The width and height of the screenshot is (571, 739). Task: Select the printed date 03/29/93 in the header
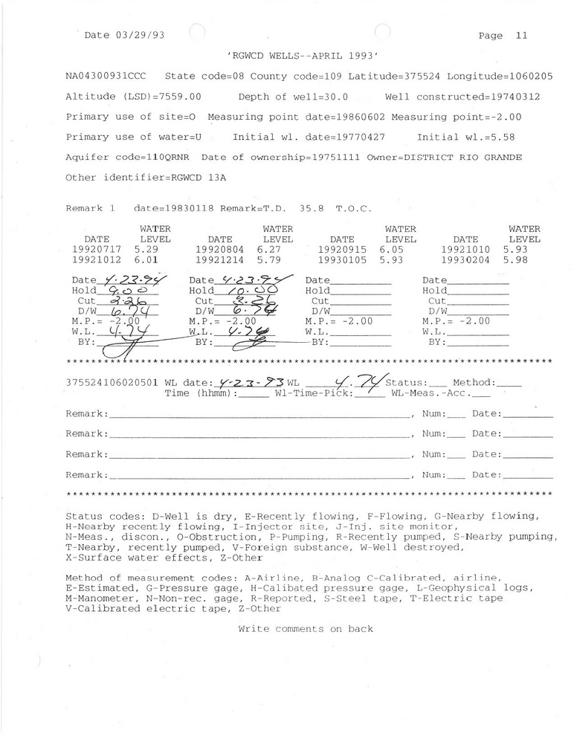[140, 35]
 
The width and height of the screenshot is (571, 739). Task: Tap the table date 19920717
[97, 251]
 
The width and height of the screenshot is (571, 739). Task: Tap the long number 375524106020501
[112, 382]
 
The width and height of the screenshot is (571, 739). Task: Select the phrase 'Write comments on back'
[306, 629]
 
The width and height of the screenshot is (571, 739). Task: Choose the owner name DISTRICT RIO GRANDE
[460, 158]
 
